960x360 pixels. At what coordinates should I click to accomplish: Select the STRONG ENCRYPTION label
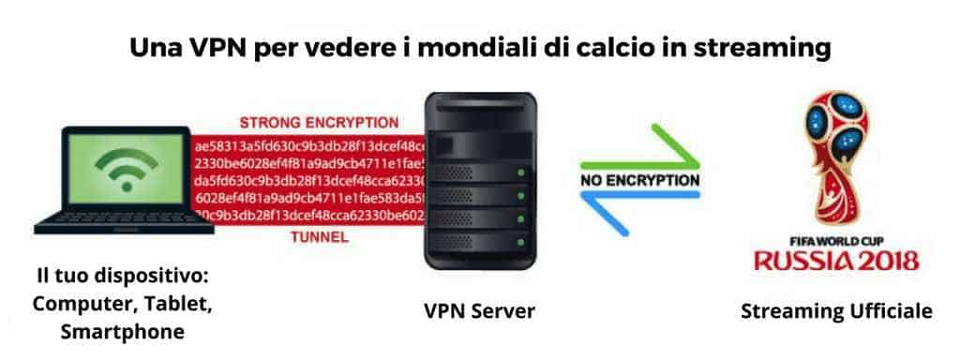point(319,123)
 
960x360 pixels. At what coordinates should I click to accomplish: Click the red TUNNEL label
point(319,238)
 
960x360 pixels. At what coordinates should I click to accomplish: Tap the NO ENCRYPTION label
point(638,178)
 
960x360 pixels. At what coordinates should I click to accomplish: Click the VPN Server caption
point(480,310)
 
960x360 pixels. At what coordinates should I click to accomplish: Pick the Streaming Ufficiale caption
point(835,310)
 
